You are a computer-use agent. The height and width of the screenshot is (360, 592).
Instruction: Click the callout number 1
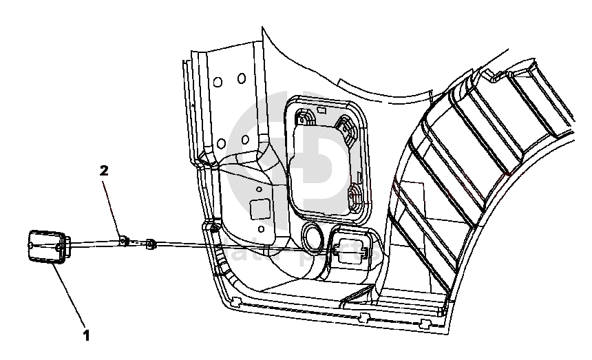(x=86, y=337)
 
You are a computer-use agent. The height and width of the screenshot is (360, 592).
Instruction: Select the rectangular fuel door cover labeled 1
(x=47, y=246)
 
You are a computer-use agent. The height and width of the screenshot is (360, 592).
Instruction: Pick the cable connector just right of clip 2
(x=151, y=242)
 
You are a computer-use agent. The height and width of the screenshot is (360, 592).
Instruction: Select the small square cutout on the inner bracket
(x=260, y=207)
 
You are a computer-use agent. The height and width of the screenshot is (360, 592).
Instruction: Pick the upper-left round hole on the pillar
(x=218, y=82)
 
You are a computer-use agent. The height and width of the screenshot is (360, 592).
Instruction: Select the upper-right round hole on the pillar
(x=242, y=78)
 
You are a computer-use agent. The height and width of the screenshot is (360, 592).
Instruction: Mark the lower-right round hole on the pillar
(x=245, y=138)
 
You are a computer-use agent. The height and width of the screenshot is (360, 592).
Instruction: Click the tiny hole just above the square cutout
(x=258, y=188)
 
